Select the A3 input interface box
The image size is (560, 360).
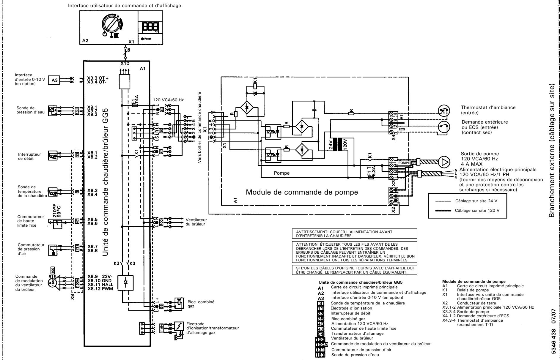[x=54, y=80]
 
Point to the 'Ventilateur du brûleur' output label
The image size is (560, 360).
[x=196, y=222]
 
